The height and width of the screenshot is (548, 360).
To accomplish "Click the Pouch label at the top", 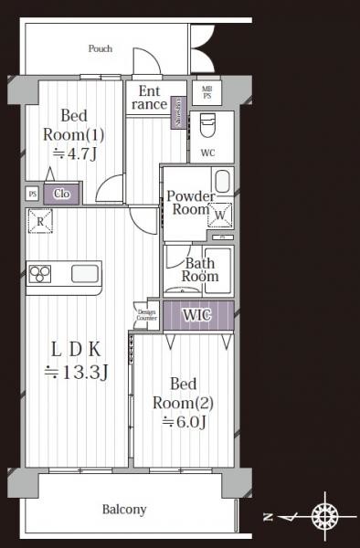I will [x=100, y=48].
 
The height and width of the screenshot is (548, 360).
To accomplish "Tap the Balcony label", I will [x=124, y=510].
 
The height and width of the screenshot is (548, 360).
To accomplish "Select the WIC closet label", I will [x=197, y=315].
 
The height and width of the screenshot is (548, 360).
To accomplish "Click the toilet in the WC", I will [x=206, y=123].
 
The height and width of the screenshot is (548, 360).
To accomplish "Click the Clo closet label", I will [x=62, y=194].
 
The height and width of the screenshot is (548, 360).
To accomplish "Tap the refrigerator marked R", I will [x=41, y=221].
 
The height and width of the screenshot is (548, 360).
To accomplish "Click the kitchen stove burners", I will [x=42, y=273].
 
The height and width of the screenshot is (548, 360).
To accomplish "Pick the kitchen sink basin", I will [x=84, y=273].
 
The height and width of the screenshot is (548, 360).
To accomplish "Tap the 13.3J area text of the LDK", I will [x=77, y=372].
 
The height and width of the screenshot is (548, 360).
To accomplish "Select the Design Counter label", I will [x=146, y=315].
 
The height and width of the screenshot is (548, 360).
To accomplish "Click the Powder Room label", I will [x=191, y=203].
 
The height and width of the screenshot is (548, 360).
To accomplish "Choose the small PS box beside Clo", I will [x=33, y=194].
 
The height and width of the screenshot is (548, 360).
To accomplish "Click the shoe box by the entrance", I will [x=179, y=112].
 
